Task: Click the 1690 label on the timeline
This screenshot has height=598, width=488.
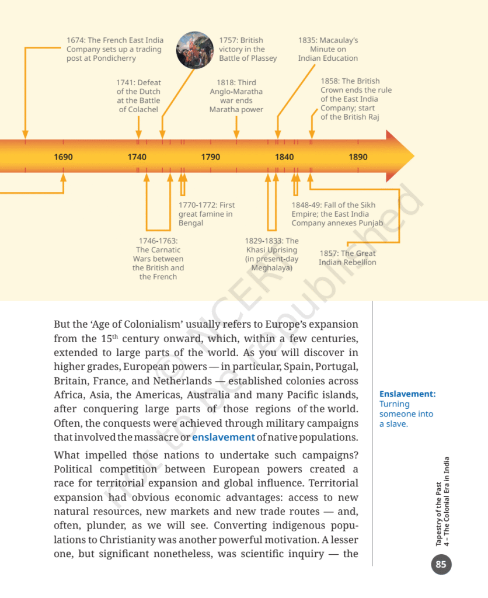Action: [63, 157]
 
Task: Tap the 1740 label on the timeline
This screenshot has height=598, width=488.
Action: [137, 157]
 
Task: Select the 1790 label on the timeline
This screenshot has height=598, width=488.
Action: [211, 157]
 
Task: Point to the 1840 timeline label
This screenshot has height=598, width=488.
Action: [284, 157]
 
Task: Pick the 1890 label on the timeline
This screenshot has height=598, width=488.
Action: [358, 157]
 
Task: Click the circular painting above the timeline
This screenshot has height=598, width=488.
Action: [195, 50]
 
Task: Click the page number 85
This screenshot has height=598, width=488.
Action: [441, 564]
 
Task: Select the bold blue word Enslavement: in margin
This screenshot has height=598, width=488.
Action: [407, 394]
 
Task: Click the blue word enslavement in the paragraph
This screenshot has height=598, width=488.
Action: [224, 437]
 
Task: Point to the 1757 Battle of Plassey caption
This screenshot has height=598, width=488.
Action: [248, 50]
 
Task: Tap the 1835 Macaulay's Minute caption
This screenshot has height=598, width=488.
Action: [328, 50]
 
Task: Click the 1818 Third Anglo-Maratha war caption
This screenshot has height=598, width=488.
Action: [236, 96]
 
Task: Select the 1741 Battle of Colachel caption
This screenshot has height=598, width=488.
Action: [138, 96]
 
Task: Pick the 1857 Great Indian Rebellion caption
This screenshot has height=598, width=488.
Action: [347, 258]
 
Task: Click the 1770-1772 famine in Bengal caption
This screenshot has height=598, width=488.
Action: [207, 214]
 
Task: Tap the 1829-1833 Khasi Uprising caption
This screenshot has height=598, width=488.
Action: [272, 254]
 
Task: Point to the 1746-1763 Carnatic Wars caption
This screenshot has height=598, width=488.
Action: [158, 259]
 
